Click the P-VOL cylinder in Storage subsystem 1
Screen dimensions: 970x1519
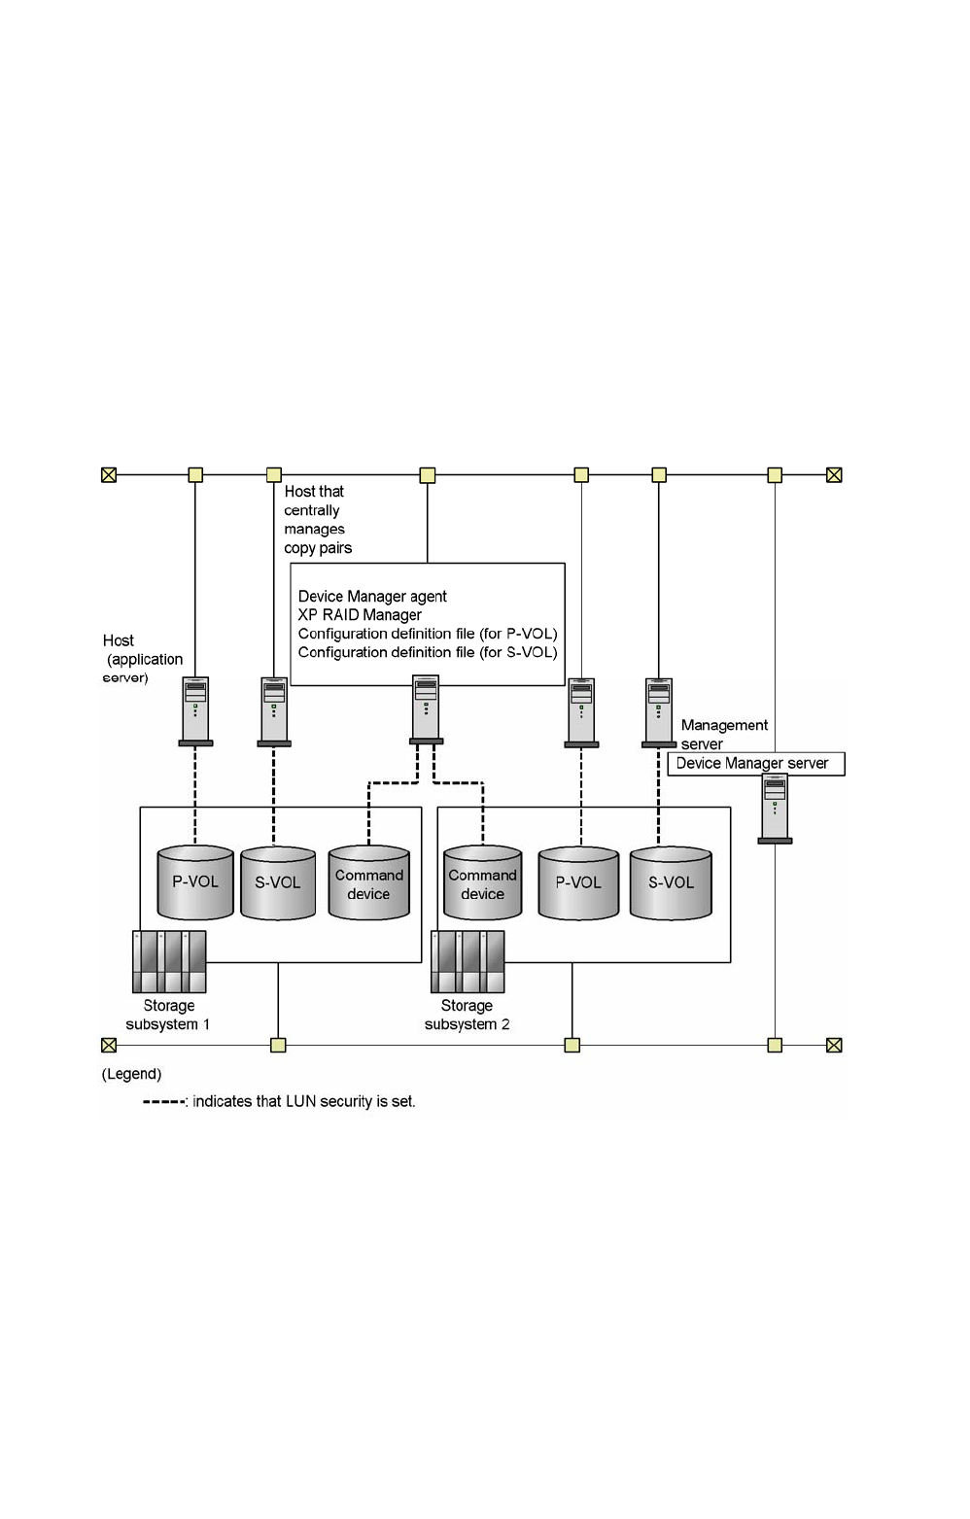pyautogui.click(x=195, y=881)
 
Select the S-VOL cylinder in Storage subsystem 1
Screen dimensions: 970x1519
pyautogui.click(x=277, y=882)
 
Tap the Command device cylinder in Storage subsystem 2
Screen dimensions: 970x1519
pyautogui.click(x=482, y=882)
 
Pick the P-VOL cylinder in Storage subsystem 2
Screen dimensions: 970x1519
pyautogui.click(x=578, y=882)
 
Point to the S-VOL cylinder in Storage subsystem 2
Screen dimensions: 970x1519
pyautogui.click(x=671, y=882)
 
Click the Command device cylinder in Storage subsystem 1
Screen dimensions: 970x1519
pyautogui.click(x=369, y=882)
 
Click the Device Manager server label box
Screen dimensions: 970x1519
pyautogui.click(x=756, y=764)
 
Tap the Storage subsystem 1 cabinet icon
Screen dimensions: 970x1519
pyautogui.click(x=169, y=961)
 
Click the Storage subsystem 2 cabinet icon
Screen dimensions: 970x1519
pyautogui.click(x=468, y=961)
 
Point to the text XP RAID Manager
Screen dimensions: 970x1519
pyautogui.click(x=360, y=615)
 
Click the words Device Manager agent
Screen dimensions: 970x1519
pyautogui.click(x=372, y=597)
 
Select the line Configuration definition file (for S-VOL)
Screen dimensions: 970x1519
pyautogui.click(x=428, y=652)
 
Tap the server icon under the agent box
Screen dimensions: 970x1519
pyautogui.click(x=426, y=709)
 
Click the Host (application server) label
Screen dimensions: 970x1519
pyautogui.click(x=143, y=659)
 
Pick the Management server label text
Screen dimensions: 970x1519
pyautogui.click(x=724, y=735)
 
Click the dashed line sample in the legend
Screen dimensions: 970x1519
pyautogui.click(x=163, y=1102)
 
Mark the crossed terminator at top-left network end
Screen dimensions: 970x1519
pyautogui.click(x=109, y=474)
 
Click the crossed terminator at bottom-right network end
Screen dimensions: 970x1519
pyautogui.click(x=834, y=1045)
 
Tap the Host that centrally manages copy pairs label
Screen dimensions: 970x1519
pyautogui.click(x=318, y=519)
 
